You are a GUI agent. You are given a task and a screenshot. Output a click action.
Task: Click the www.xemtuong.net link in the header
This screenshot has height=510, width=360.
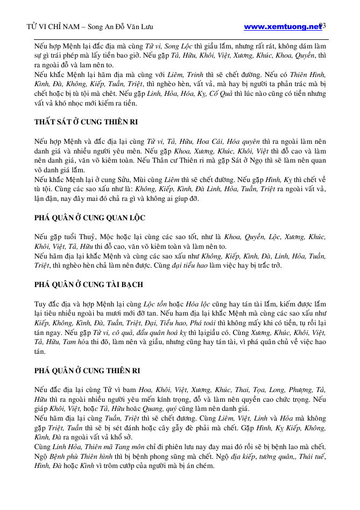click(x=282, y=26)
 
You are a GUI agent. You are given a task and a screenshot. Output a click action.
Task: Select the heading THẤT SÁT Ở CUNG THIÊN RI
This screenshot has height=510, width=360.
click(x=87, y=122)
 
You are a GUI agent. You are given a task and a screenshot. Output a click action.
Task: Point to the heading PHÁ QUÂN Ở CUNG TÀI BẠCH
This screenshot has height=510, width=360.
click(x=88, y=284)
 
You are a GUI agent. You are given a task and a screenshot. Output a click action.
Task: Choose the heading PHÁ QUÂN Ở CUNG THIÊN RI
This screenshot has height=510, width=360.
click(x=87, y=371)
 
